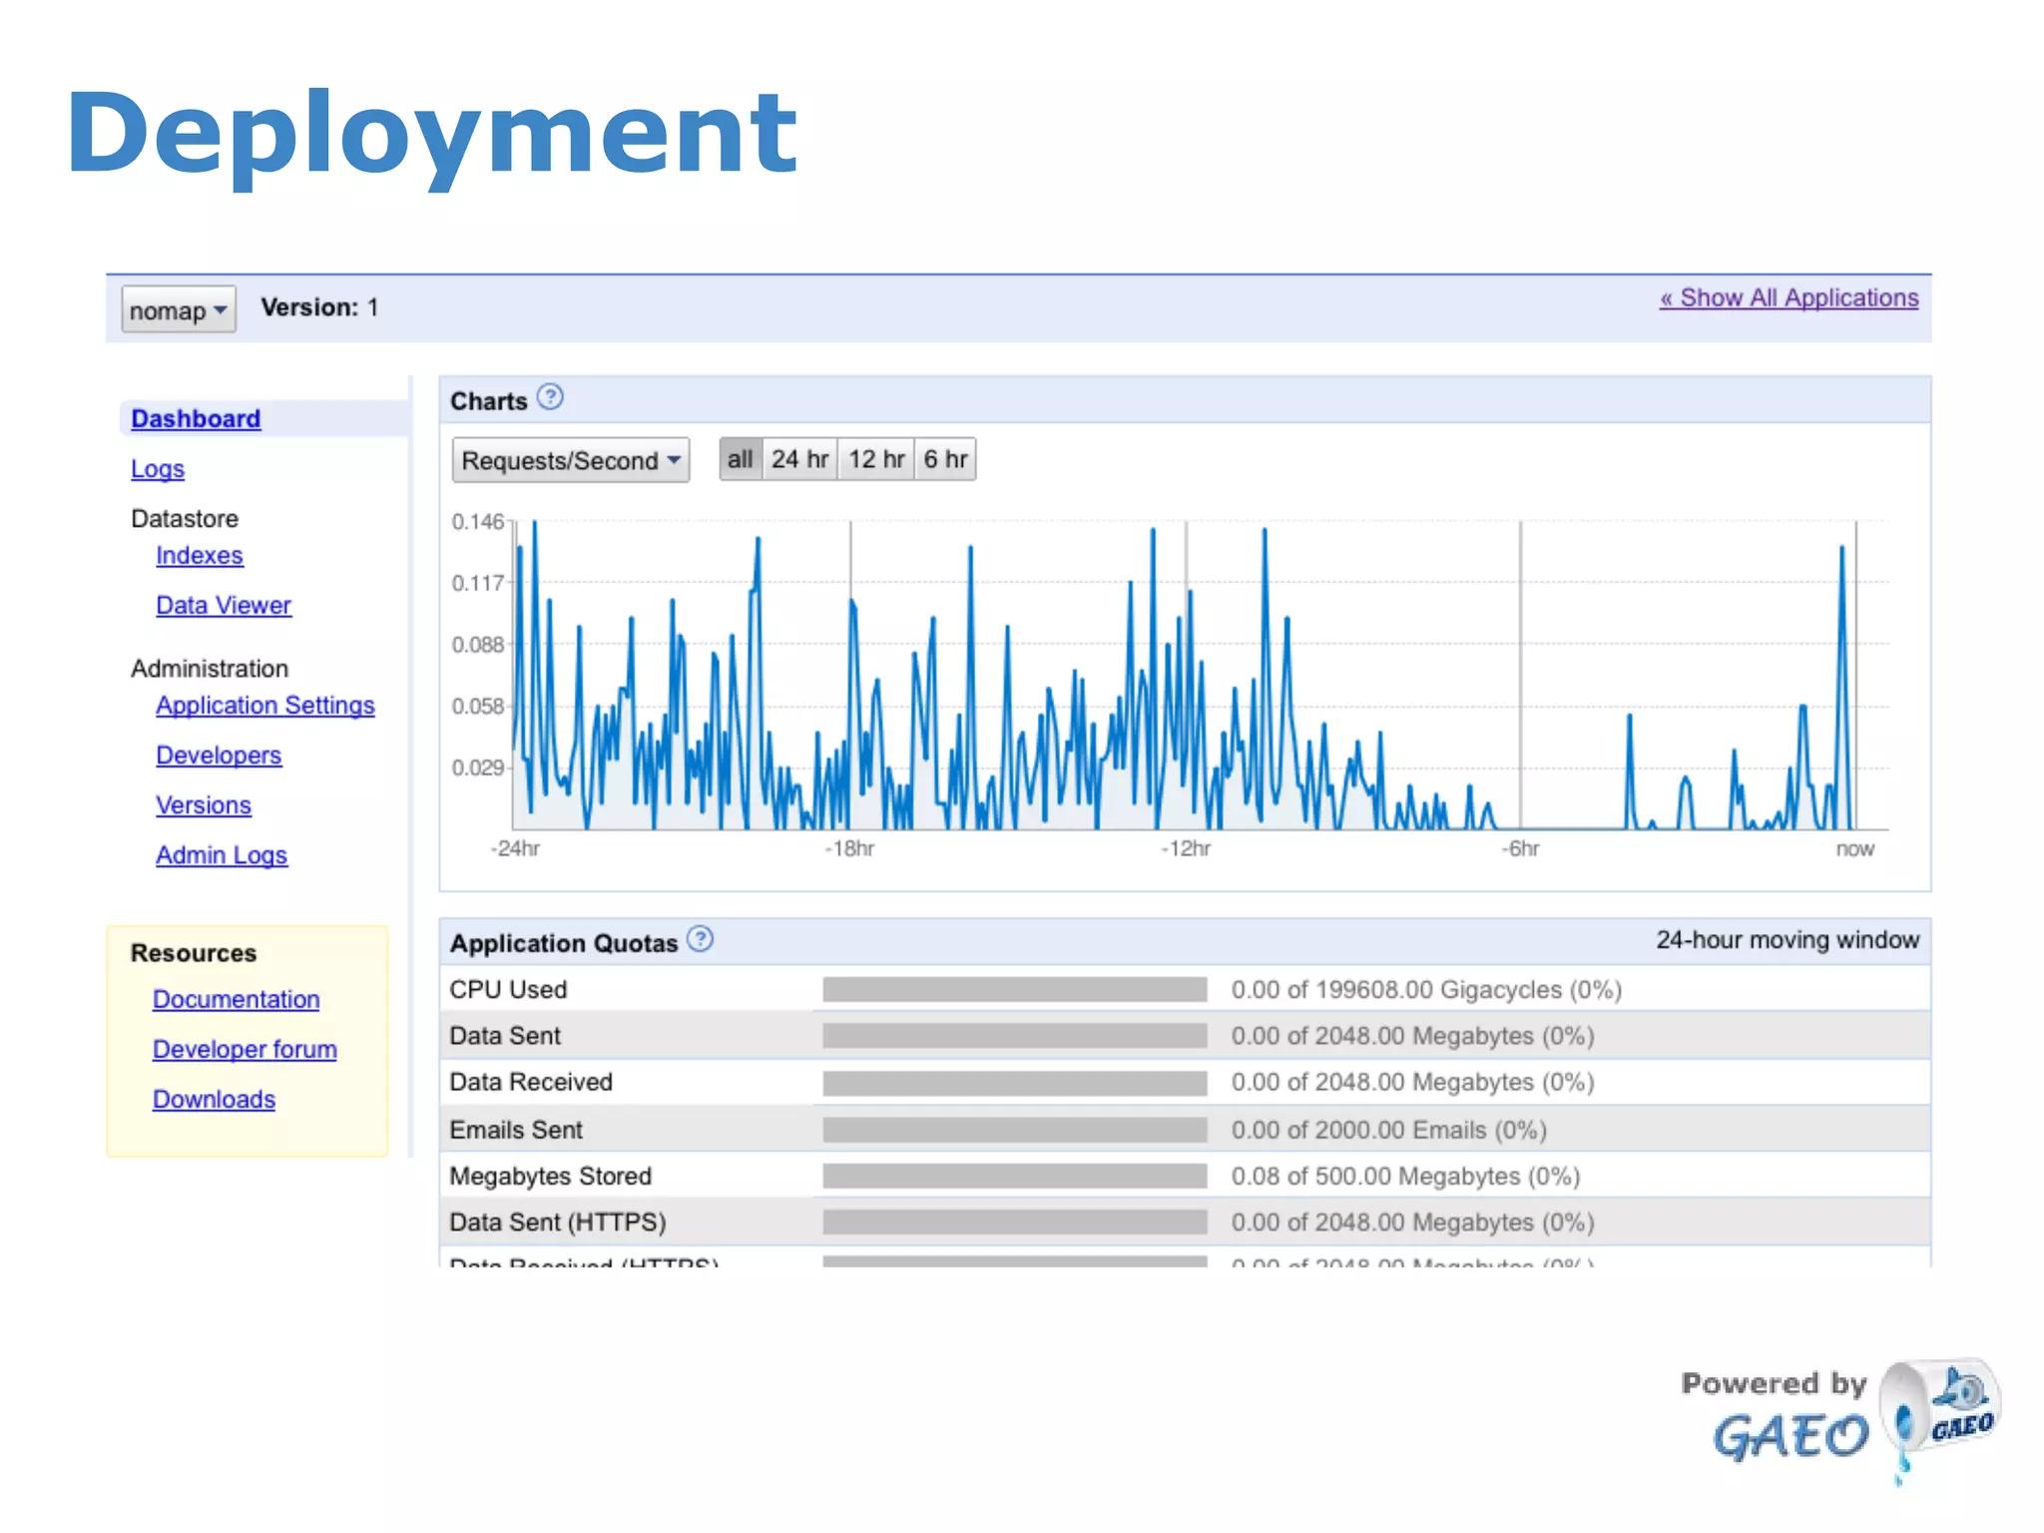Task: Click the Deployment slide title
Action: (431, 134)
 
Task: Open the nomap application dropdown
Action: (179, 309)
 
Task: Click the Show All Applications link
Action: (1788, 298)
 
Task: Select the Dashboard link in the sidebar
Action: (196, 419)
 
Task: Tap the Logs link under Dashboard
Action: (158, 469)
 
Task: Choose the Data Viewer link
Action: (224, 606)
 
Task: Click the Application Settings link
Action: (265, 706)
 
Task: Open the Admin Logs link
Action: (222, 855)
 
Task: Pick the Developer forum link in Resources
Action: (245, 1050)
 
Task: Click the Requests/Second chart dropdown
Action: (571, 460)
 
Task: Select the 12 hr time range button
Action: (876, 459)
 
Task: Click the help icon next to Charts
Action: (550, 397)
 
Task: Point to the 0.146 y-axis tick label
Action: (478, 522)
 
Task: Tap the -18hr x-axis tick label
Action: (849, 849)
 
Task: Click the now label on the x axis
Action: (1854, 849)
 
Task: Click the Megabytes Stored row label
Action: (550, 1177)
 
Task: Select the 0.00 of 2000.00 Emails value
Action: (1388, 1130)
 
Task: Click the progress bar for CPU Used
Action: (1014, 990)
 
